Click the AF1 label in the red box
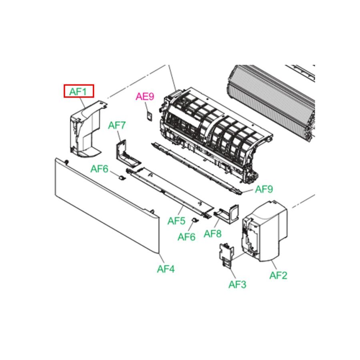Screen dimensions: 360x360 pos(78,92)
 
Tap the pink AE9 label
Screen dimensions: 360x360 pos(145,96)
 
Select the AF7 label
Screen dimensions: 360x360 pos(117,125)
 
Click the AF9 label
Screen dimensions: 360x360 pos(264,189)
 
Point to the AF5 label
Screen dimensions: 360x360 pos(176,221)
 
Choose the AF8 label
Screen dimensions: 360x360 pos(213,234)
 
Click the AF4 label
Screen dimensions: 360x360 pos(166,269)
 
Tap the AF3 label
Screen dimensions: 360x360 pos(237,284)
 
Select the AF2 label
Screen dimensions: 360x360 pos(278,275)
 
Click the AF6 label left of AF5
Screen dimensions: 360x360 pos(99,169)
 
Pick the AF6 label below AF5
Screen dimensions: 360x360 pos(186,237)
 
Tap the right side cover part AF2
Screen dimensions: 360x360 pos(264,232)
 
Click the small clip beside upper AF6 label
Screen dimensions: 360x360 pos(122,177)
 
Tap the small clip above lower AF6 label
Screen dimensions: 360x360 pos(195,220)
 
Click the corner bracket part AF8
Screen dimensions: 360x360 pos(227,214)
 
